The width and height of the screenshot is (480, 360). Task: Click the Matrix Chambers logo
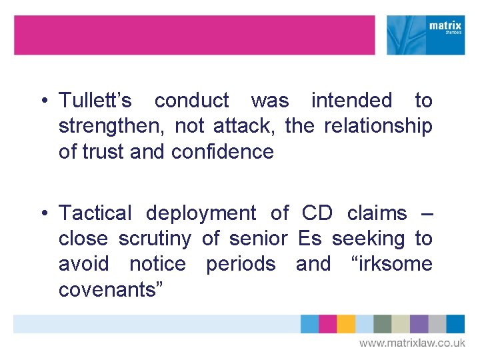click(426, 35)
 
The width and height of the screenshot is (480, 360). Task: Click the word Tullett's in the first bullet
click(95, 101)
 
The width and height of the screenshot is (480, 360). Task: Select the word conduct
click(191, 101)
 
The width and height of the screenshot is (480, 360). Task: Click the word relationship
click(378, 126)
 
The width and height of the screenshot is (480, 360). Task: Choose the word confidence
click(222, 151)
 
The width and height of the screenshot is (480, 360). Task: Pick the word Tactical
click(95, 213)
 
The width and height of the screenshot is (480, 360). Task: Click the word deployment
click(201, 213)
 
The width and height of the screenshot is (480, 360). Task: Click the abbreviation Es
click(309, 239)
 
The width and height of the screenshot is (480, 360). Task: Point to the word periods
click(240, 264)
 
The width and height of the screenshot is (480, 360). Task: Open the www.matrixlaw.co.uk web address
click(412, 343)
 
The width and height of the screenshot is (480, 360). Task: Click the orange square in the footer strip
click(346, 324)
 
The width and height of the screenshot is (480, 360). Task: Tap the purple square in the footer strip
click(419, 324)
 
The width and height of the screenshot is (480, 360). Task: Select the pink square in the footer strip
click(327, 324)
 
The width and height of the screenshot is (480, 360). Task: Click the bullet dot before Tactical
click(42, 214)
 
